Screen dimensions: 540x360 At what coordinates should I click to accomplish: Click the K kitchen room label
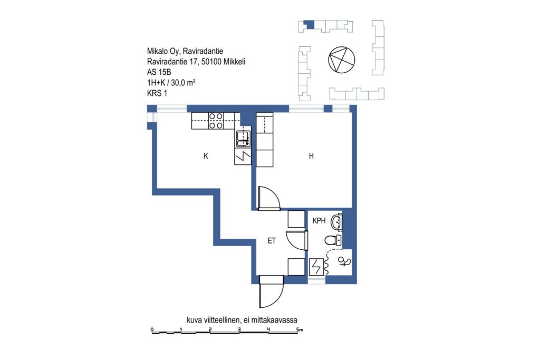[x=206, y=156]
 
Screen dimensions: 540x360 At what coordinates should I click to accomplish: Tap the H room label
[x=311, y=156]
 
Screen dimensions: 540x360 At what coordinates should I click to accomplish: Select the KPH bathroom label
[x=319, y=221]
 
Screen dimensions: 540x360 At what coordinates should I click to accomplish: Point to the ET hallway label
[x=272, y=240]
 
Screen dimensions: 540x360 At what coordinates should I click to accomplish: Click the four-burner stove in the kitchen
[x=216, y=121]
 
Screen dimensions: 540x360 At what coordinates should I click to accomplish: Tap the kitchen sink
[x=243, y=138]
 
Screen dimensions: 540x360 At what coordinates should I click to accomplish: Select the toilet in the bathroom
[x=333, y=240]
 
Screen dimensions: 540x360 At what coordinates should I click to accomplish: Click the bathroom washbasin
[x=336, y=222]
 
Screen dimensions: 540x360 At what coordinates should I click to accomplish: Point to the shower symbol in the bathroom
[x=344, y=262]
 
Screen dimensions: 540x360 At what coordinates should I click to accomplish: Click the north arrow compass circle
[x=341, y=59]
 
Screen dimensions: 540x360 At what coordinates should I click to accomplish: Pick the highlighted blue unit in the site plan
[x=310, y=25]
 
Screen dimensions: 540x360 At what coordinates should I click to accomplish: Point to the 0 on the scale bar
[x=152, y=330]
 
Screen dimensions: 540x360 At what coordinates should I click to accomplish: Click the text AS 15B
[x=159, y=72]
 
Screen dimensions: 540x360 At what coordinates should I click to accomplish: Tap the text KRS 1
[x=157, y=93]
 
